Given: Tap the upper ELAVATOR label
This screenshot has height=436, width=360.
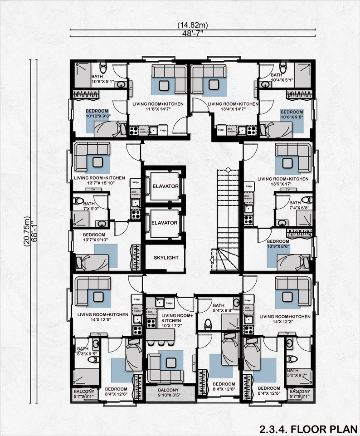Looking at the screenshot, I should pos(165,186).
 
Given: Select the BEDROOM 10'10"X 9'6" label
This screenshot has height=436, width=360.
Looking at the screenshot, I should pos(97,114).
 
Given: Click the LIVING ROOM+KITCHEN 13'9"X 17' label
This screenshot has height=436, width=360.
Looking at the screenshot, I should pos(283,181).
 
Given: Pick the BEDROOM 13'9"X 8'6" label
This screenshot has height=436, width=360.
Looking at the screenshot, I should pos(278,244).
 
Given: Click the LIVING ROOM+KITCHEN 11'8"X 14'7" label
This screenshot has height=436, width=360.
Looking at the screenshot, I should pos(158,107).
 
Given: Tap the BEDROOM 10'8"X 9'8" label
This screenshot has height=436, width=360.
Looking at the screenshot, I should pos(292,114).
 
